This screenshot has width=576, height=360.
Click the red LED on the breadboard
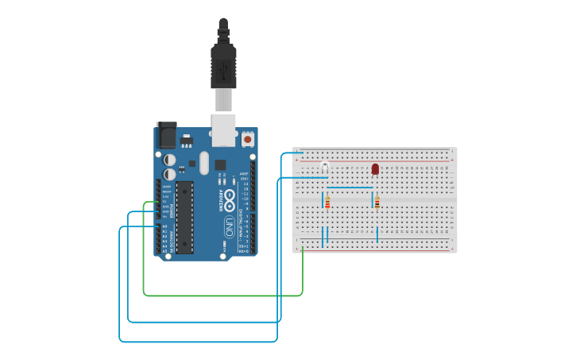[375, 168]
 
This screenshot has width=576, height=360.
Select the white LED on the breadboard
[324, 166]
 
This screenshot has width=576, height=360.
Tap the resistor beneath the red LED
[377, 203]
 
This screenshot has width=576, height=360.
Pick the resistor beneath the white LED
[327, 203]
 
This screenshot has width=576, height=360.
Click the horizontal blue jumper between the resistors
[349, 188]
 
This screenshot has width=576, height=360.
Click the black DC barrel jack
[166, 134]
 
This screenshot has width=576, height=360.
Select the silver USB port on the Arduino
[223, 130]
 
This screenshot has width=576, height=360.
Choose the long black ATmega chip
[184, 217]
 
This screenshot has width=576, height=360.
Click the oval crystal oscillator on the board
[204, 163]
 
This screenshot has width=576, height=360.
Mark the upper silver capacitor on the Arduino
[170, 160]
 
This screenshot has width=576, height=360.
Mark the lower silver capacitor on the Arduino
[170, 174]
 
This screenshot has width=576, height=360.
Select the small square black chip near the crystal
[220, 165]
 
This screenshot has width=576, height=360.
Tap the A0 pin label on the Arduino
[165, 226]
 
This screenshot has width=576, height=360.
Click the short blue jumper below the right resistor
[377, 234]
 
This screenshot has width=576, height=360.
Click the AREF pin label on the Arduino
[244, 173]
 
